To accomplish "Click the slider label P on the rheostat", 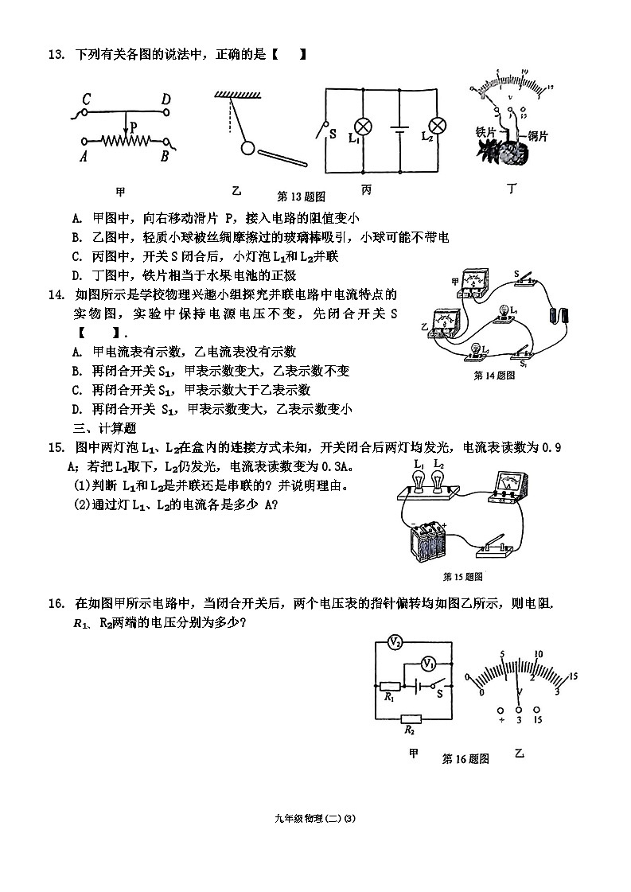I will [134, 126].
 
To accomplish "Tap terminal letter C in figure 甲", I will [86, 99].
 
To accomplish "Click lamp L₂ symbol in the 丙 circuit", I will [435, 126].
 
